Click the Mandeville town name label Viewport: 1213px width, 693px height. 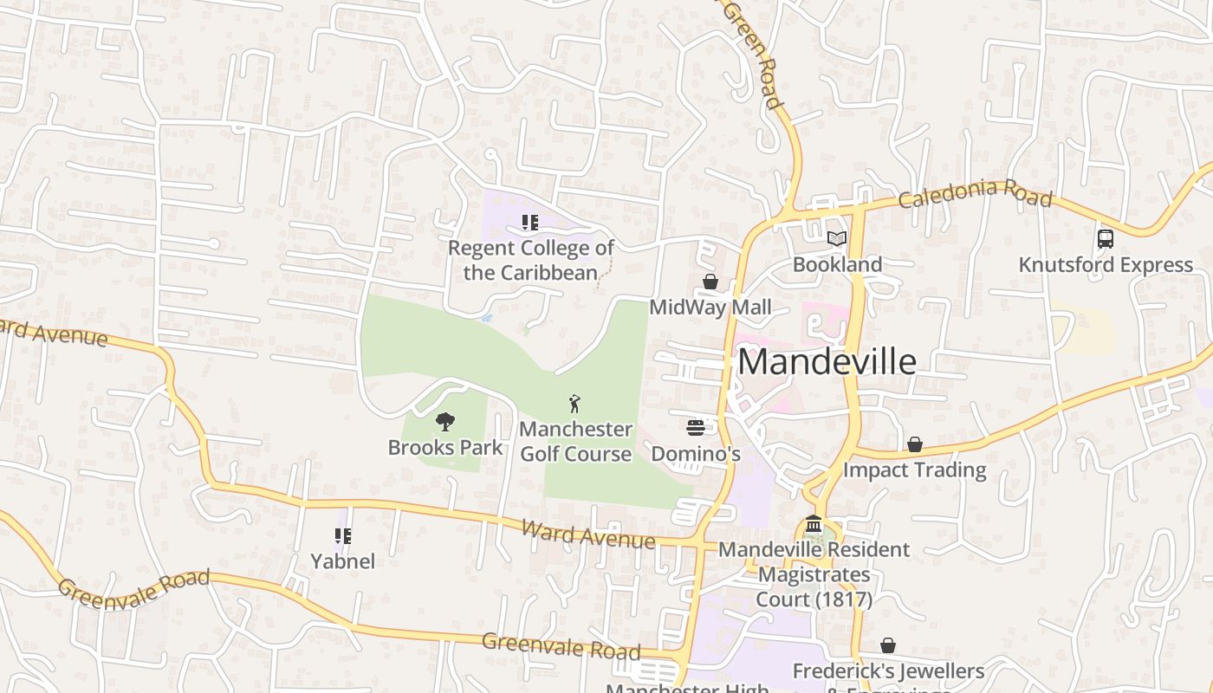click(827, 361)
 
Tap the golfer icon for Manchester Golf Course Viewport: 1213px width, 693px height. click(574, 403)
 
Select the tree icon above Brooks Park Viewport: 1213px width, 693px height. click(445, 422)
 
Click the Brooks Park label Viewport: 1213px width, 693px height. click(445, 447)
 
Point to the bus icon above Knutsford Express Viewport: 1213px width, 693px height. click(1106, 238)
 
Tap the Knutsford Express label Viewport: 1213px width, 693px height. click(1106, 264)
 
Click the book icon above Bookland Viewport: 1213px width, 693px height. click(837, 238)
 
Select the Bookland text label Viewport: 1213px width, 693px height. click(837, 264)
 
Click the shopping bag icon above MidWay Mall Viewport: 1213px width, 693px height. click(710, 282)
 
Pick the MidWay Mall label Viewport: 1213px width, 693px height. click(710, 308)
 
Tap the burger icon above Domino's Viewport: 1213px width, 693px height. click(695, 427)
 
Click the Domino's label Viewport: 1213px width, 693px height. click(695, 453)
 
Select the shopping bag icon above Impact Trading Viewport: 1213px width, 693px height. click(915, 444)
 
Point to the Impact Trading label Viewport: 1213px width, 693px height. click(915, 470)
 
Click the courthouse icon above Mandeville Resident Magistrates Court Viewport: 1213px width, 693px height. click(814, 524)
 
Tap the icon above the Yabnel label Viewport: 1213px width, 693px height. click(343, 536)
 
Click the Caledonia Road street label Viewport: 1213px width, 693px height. click(975, 195)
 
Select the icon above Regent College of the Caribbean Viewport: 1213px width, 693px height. click(530, 223)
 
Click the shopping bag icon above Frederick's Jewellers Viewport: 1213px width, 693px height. click(888, 645)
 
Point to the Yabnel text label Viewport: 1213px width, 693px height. click(343, 561)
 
